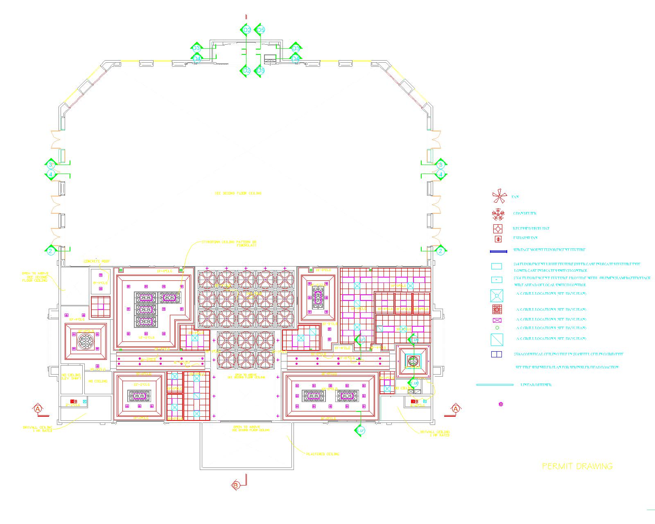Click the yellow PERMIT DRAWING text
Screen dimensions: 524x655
577,466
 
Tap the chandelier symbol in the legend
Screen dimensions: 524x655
498,214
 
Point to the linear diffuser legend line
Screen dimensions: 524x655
495,385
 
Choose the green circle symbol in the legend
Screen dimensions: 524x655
497,328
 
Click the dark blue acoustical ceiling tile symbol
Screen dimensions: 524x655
496,355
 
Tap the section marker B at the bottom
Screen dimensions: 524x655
236,486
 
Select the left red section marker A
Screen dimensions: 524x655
38,409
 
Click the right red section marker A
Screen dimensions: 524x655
456,409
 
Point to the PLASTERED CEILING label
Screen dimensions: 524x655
323,454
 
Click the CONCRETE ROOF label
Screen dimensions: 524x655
97,261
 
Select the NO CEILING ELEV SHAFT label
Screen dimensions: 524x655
71,377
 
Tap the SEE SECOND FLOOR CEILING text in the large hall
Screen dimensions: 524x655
238,193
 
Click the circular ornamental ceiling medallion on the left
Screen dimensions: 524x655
86,340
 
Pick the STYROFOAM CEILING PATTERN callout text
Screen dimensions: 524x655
229,244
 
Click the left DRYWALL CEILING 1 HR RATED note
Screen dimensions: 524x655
38,429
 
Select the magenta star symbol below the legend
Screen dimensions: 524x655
500,404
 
